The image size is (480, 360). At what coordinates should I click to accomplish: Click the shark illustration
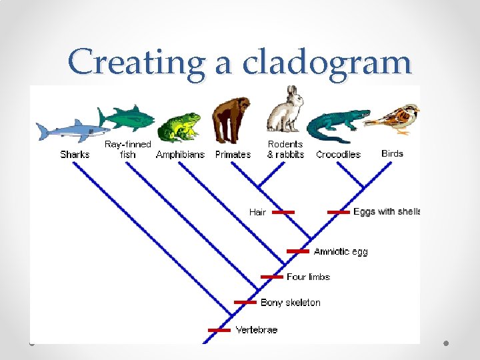pyautogui.click(x=71, y=131)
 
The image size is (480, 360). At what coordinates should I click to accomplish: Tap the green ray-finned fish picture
pyautogui.click(x=126, y=119)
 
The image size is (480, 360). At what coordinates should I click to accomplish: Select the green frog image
pyautogui.click(x=178, y=127)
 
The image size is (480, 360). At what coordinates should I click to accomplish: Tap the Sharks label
pyautogui.click(x=75, y=154)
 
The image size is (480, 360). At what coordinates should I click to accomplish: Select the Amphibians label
pyautogui.click(x=181, y=154)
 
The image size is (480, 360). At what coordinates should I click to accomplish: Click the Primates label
pyautogui.click(x=233, y=154)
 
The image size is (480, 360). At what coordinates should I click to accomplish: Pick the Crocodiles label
pyautogui.click(x=338, y=154)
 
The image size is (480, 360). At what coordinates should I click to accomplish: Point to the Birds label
pyautogui.click(x=392, y=153)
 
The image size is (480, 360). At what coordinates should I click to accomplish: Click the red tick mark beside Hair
pyautogui.click(x=283, y=212)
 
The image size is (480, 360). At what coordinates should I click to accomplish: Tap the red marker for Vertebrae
pyautogui.click(x=219, y=329)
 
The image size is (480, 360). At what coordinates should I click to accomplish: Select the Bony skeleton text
pyautogui.click(x=290, y=303)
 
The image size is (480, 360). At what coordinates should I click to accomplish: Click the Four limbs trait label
pyautogui.click(x=308, y=277)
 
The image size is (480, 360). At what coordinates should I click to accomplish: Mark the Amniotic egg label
pyautogui.click(x=340, y=251)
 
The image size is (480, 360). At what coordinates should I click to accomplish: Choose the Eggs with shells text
pyautogui.click(x=387, y=211)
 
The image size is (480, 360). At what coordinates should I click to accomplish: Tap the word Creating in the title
pyautogui.click(x=137, y=63)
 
